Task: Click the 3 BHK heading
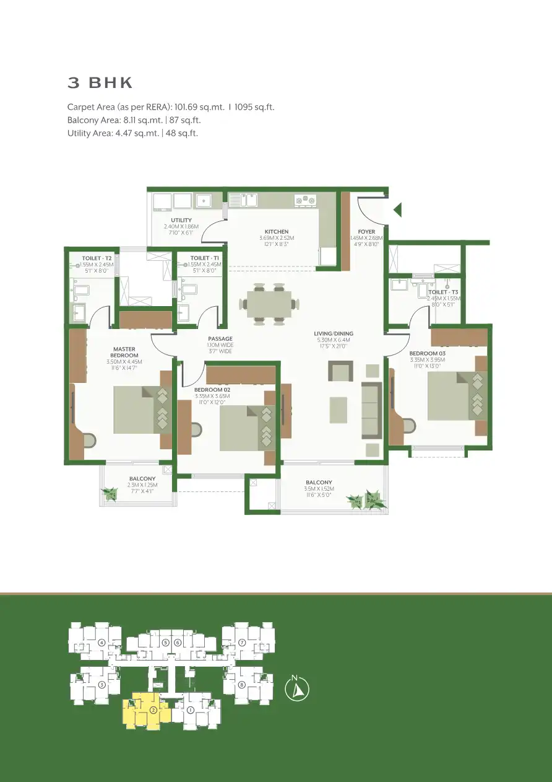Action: coord(100,83)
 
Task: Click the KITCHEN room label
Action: coord(277,232)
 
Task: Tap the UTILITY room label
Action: coord(181,221)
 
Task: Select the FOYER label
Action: coord(366,232)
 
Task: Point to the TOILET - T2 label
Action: coord(97,258)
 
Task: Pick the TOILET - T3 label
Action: coord(443,292)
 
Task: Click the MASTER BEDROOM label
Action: coord(124,352)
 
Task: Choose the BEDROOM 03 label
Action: coord(427,353)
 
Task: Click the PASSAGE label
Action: coord(220,339)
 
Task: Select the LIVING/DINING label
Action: coord(333,334)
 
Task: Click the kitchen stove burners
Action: coord(304,200)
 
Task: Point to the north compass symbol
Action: coord(297,690)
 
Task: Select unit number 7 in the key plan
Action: coord(242,643)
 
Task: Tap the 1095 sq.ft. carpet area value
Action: coord(254,107)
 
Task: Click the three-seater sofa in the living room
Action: coord(371,409)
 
